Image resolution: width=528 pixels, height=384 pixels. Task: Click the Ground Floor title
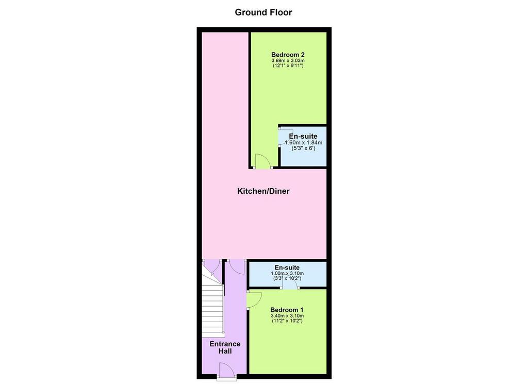pyautogui.click(x=263, y=12)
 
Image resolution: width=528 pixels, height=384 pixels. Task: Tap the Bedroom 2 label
pyautogui.click(x=288, y=55)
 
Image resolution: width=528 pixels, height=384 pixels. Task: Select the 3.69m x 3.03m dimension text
pyautogui.click(x=288, y=61)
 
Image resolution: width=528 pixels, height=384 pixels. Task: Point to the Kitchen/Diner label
pyautogui.click(x=263, y=191)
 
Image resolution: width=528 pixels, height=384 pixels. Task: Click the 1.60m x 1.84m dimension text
pyautogui.click(x=303, y=143)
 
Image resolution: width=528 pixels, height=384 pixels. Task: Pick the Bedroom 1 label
pyautogui.click(x=287, y=310)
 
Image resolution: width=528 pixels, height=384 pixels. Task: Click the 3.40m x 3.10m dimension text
pyautogui.click(x=287, y=315)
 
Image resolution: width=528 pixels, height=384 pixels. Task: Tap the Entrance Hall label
pyautogui.click(x=225, y=347)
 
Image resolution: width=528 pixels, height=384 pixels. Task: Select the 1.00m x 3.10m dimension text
pyautogui.click(x=287, y=273)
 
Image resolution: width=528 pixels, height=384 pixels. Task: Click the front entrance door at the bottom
pyautogui.click(x=226, y=372)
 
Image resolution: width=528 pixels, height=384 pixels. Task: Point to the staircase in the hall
pyautogui.click(x=213, y=300)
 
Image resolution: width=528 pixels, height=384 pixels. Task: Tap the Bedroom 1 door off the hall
pyautogui.click(x=254, y=300)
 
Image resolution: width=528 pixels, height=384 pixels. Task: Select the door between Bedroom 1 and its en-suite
pyautogui.click(x=290, y=283)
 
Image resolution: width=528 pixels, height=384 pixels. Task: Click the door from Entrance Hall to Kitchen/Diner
pyautogui.click(x=237, y=268)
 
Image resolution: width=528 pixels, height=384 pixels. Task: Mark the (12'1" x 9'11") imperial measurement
pyautogui.click(x=288, y=65)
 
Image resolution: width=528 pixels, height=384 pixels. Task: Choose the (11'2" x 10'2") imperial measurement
pyautogui.click(x=287, y=321)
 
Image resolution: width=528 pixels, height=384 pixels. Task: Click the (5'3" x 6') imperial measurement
pyautogui.click(x=303, y=148)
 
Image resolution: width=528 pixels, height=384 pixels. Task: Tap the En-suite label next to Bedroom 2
pyautogui.click(x=303, y=136)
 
